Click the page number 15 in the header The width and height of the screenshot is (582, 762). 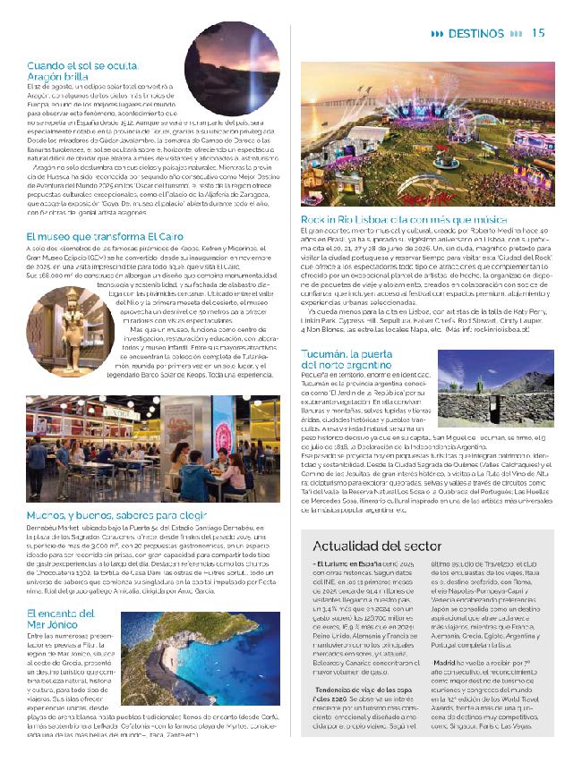[538, 32]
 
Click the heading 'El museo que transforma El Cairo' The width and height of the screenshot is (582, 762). [98, 235]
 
